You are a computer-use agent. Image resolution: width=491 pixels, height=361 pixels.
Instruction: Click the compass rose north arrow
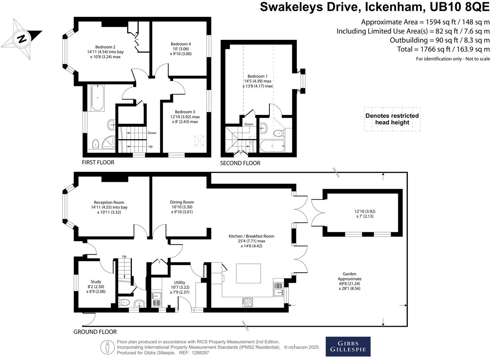click(x=22, y=39)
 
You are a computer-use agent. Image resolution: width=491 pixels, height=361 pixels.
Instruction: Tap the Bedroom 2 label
click(x=105, y=47)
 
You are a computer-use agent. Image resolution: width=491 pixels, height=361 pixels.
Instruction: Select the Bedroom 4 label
click(x=181, y=44)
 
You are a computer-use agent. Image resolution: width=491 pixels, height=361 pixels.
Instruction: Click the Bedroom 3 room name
click(x=185, y=112)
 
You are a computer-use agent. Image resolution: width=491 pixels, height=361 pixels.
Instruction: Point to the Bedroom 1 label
click(x=257, y=76)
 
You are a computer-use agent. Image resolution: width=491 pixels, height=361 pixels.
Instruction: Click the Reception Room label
click(x=109, y=203)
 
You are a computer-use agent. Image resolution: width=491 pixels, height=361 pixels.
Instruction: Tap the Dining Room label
click(x=182, y=202)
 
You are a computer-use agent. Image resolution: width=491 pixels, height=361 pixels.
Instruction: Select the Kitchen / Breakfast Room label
click(x=251, y=236)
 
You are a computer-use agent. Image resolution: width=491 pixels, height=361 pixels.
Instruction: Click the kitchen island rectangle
click(x=248, y=273)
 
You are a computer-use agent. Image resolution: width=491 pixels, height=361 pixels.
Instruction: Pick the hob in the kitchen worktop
click(x=247, y=302)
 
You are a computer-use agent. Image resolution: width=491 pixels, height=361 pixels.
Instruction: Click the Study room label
click(x=96, y=282)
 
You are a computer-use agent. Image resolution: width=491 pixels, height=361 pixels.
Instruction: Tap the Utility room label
click(x=180, y=282)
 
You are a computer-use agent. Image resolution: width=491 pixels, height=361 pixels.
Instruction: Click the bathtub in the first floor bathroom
click(x=98, y=98)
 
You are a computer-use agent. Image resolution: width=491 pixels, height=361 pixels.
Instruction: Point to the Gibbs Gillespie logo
click(x=348, y=347)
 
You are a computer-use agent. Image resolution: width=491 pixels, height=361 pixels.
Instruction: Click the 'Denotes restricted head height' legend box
click(x=392, y=119)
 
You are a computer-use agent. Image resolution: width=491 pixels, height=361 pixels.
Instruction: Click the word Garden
click(x=349, y=274)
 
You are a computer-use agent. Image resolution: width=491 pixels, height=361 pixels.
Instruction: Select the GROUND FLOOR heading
click(x=95, y=332)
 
